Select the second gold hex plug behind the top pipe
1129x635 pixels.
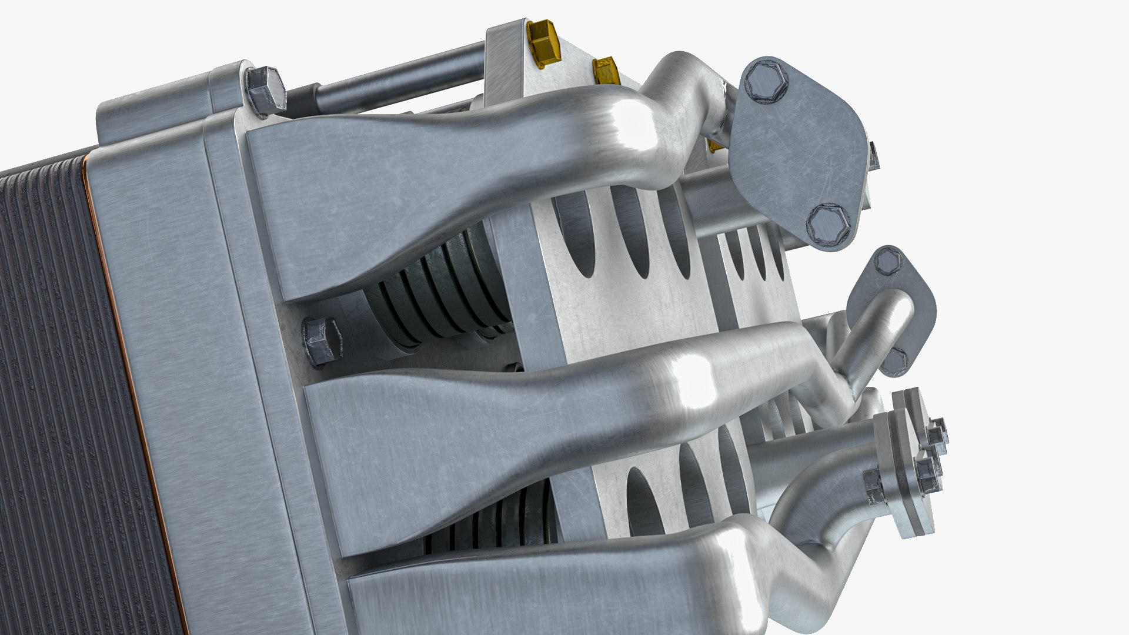click(x=606, y=71)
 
